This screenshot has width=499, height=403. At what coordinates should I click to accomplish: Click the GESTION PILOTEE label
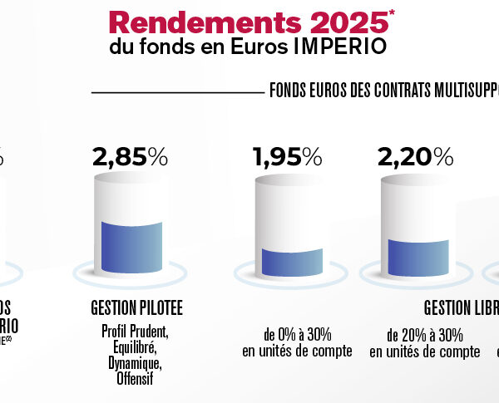pyautogui.click(x=136, y=309)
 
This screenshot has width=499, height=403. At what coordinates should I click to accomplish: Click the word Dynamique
pyautogui.click(x=136, y=364)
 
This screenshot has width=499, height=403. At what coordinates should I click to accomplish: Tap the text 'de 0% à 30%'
pyautogui.click(x=297, y=335)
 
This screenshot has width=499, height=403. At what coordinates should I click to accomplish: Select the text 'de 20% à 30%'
pyautogui.click(x=425, y=335)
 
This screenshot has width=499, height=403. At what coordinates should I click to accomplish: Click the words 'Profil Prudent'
pyautogui.click(x=136, y=332)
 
